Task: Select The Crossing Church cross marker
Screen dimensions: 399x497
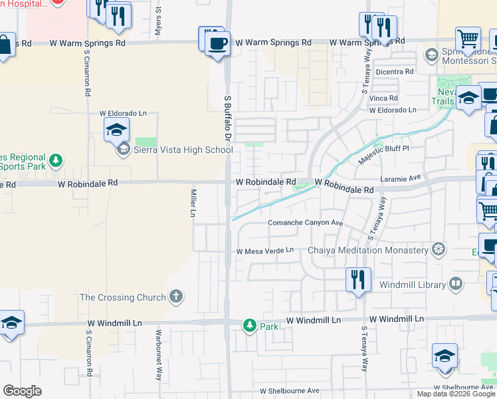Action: pos(175,297)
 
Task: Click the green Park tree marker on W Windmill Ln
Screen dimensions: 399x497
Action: pos(249,325)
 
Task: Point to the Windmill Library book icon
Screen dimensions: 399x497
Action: pos(455,284)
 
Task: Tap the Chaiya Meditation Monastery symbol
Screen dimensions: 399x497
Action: pos(438,250)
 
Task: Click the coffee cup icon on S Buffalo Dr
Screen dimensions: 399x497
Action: pos(217,45)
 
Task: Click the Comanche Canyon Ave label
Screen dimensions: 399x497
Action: pos(305,223)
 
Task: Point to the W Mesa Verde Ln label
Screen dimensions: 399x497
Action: pos(265,251)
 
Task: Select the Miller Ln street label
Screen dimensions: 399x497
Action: pos(193,203)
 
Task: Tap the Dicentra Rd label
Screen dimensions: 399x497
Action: pos(395,71)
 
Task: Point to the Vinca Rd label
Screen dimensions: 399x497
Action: pos(383,98)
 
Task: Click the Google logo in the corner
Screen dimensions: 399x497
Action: pos(22,390)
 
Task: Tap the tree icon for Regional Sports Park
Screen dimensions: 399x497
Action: pos(56,160)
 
